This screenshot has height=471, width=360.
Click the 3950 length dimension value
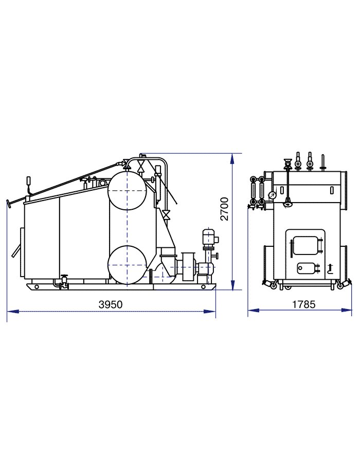click(111, 304)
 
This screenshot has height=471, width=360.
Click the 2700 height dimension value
click(224, 209)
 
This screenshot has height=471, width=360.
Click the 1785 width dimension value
click(304, 304)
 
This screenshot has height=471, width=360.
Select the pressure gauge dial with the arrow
click(273, 195)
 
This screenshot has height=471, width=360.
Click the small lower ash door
click(307, 268)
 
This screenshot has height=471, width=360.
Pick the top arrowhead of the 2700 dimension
click(232, 158)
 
